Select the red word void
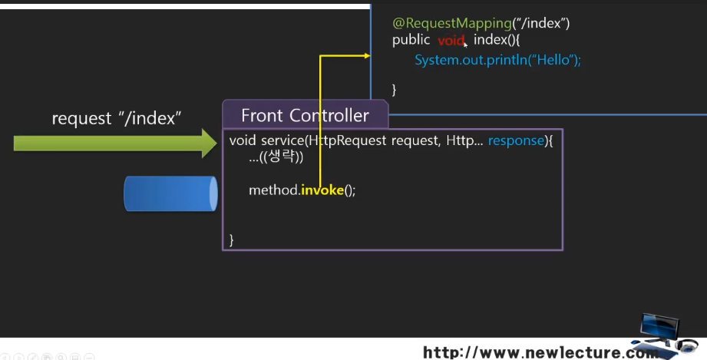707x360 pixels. [451, 41]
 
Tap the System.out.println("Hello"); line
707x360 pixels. [497, 60]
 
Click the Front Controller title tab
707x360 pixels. [305, 116]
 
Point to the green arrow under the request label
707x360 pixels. [115, 142]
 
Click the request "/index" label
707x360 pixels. [116, 119]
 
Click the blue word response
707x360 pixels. [515, 141]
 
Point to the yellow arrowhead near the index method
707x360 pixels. [366, 55]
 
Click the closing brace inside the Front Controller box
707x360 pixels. [231, 239]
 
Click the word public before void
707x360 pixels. [411, 41]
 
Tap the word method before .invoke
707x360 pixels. [273, 190]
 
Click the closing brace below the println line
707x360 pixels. [395, 89]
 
